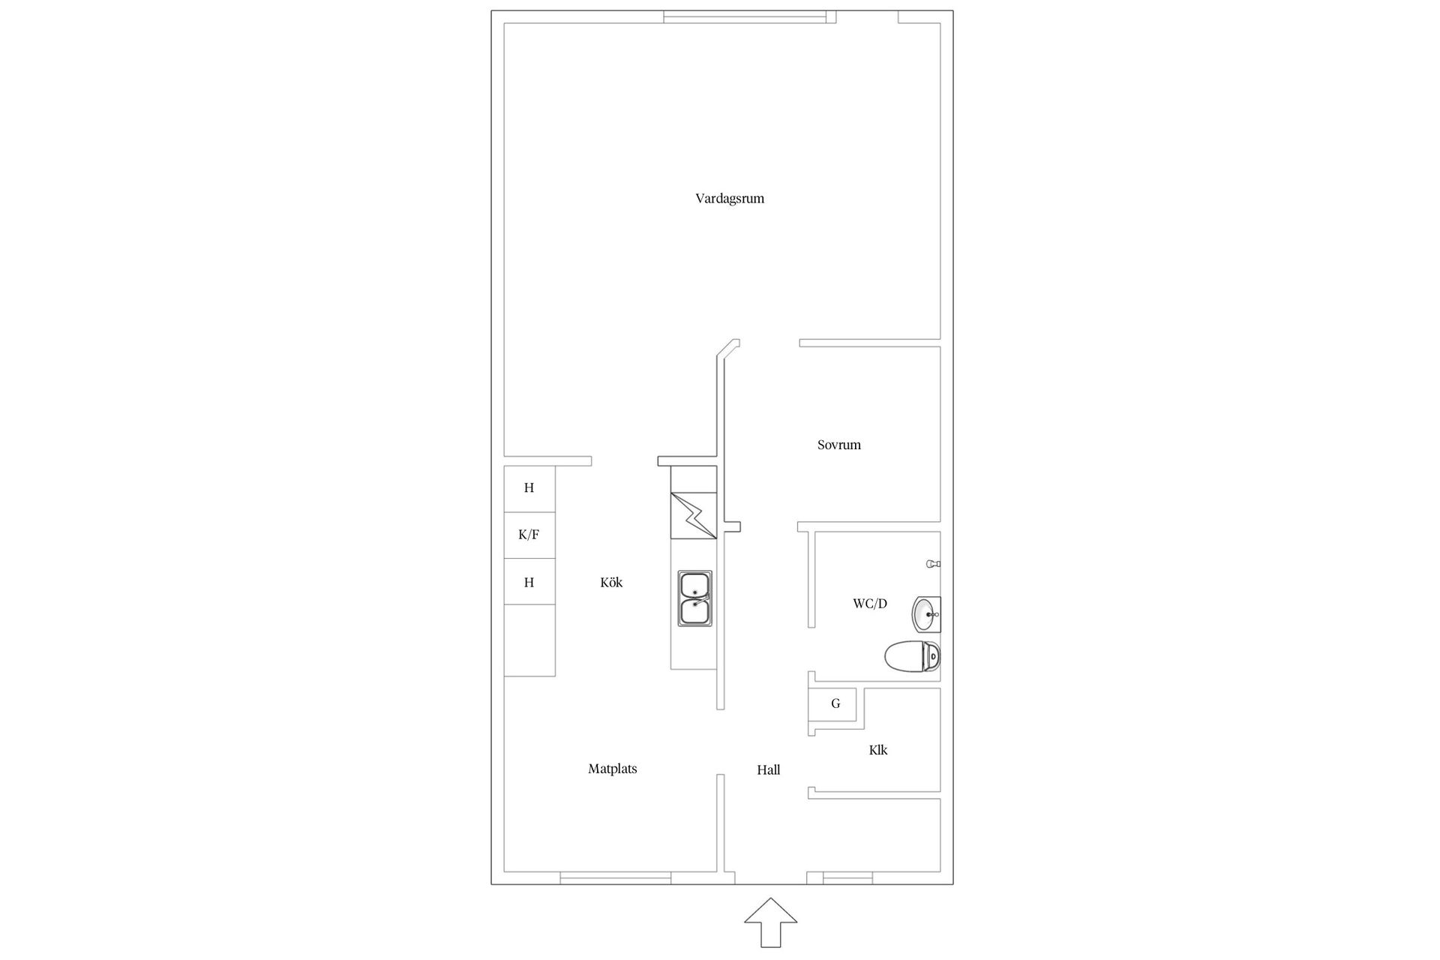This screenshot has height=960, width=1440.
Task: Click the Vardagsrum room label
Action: (x=730, y=199)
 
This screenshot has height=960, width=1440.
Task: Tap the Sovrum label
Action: (x=839, y=445)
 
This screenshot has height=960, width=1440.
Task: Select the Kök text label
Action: (x=611, y=582)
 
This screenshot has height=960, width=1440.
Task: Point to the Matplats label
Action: (x=613, y=769)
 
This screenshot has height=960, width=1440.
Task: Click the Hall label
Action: (x=769, y=770)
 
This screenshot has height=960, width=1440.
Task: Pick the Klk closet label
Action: (x=878, y=750)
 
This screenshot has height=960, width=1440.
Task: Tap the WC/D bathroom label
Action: (x=870, y=604)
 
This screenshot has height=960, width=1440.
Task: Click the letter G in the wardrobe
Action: (x=835, y=703)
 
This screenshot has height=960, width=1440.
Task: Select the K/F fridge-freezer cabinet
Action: (x=529, y=535)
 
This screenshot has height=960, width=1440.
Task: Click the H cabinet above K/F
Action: (x=529, y=488)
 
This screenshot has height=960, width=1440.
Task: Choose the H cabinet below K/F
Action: (x=529, y=582)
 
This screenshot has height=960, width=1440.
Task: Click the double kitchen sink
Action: (x=695, y=598)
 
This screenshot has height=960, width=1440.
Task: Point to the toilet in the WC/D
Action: (x=912, y=658)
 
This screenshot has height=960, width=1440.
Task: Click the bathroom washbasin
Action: (x=926, y=615)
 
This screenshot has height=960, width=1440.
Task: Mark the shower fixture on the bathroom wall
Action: (x=934, y=564)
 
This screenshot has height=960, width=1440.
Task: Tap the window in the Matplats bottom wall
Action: (x=616, y=878)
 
